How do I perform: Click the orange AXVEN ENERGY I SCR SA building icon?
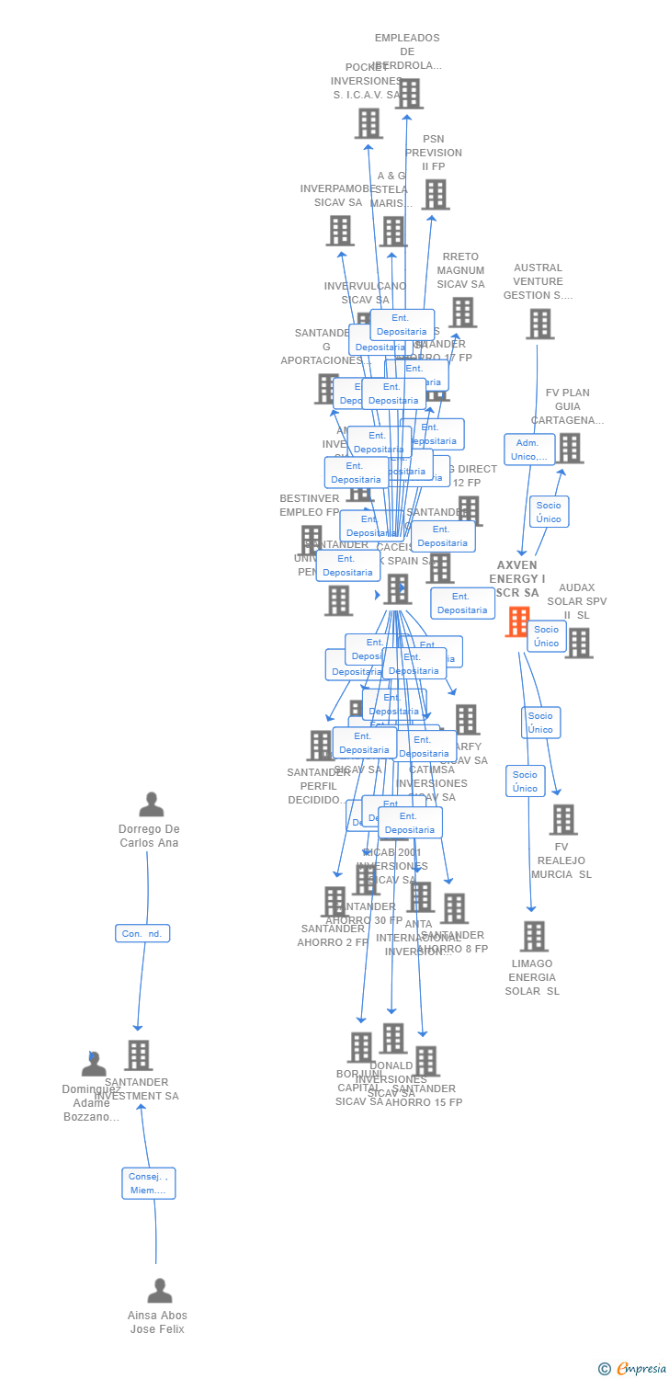pos(518,621)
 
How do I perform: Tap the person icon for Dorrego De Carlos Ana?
pos(152,804)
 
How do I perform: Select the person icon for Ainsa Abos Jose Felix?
pos(160,1291)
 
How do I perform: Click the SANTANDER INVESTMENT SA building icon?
pos(139,1055)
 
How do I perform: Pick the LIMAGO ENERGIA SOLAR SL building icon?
pos(533,936)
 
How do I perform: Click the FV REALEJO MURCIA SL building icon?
pos(562,819)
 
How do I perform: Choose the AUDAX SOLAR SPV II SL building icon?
pos(578,644)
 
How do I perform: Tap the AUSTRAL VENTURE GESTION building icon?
pos(539,324)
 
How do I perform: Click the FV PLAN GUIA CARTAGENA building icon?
pos(569,449)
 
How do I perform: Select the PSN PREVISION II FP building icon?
pos(435,194)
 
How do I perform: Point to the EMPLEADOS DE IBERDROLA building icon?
pos(409,94)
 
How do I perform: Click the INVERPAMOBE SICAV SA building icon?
pos(340,230)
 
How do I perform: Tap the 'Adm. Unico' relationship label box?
pos(529,450)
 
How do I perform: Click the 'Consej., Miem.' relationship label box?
pos(148,1183)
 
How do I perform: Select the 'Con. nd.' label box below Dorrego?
pos(142,933)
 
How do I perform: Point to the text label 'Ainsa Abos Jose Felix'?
pos(157,1322)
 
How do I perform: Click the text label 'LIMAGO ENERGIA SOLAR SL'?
pos(532,977)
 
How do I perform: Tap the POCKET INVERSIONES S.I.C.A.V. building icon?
pos(368,123)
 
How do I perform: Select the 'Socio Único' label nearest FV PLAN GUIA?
pos(549,512)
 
